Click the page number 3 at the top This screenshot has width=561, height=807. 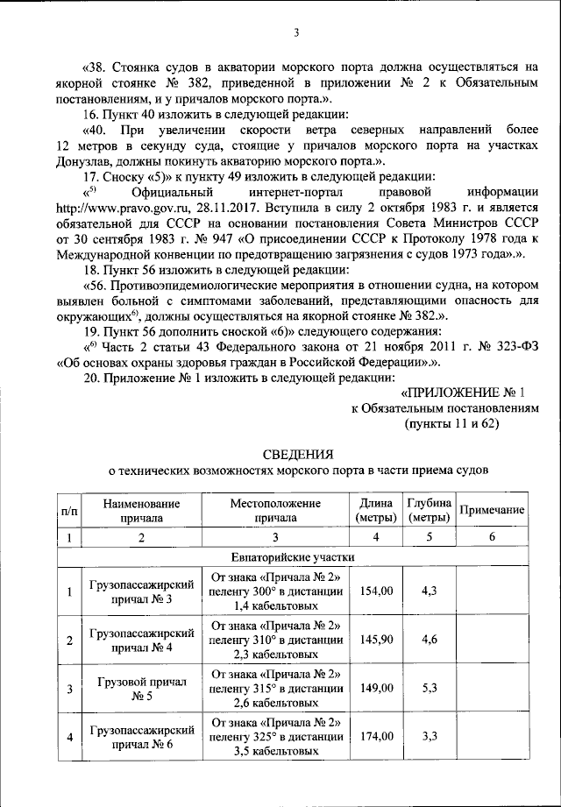click(x=296, y=33)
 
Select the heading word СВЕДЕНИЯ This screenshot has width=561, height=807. click(x=298, y=453)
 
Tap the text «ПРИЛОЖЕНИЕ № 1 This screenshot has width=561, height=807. click(x=462, y=393)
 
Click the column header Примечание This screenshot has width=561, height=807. click(x=492, y=510)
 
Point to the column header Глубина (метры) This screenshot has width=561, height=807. click(x=430, y=510)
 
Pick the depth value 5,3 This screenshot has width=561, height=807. click(x=430, y=688)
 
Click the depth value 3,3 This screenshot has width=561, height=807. click(x=430, y=736)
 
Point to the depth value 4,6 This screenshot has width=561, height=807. click(x=430, y=640)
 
